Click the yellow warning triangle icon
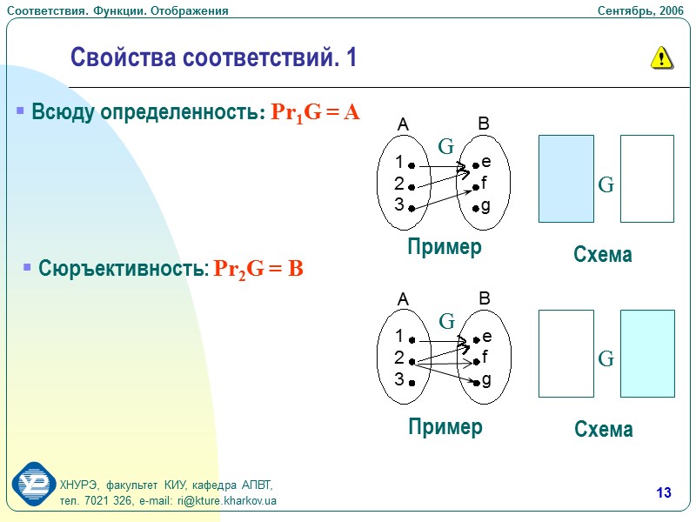pyautogui.click(x=661, y=58)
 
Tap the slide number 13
pyautogui.click(x=664, y=494)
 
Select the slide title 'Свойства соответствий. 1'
pyautogui.click(x=213, y=58)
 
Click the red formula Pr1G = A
pyautogui.click(x=316, y=113)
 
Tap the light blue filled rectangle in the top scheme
pyautogui.click(x=566, y=178)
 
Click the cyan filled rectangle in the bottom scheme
pyautogui.click(x=647, y=353)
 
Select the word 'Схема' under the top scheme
pyautogui.click(x=602, y=255)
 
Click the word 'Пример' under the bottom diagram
pyautogui.click(x=445, y=427)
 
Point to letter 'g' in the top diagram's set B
pyautogui.click(x=485, y=206)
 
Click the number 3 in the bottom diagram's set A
pyautogui.click(x=398, y=379)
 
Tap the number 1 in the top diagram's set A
pyautogui.click(x=398, y=163)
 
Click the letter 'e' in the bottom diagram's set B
pyautogui.click(x=486, y=336)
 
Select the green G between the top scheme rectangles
pyautogui.click(x=606, y=184)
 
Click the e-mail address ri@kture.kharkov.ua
pyautogui.click(x=227, y=501)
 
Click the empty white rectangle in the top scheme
pyautogui.click(x=647, y=178)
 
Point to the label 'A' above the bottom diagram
pyautogui.click(x=403, y=300)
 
